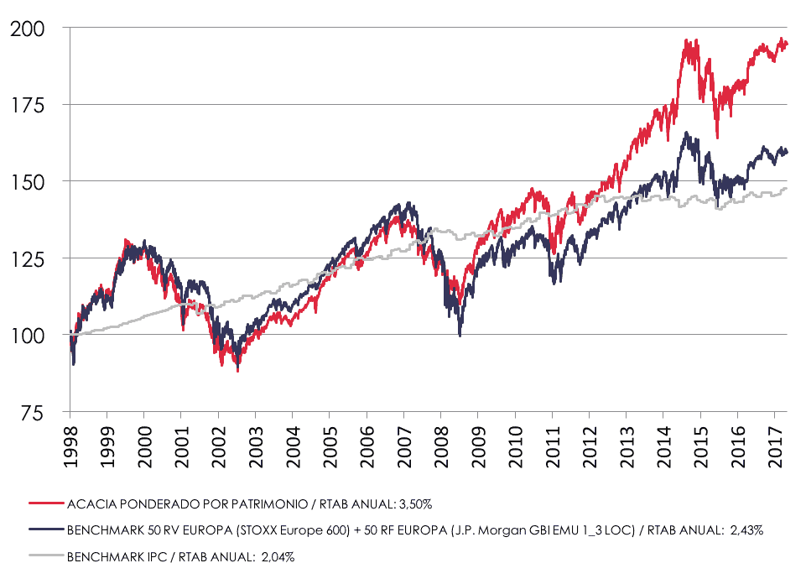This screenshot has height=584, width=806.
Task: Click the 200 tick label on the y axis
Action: point(29,28)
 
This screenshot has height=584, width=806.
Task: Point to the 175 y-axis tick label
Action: point(29,105)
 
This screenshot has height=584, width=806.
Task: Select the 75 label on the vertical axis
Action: point(34,412)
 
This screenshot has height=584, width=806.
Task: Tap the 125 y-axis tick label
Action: point(29,258)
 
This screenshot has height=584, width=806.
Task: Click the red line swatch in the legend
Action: point(45,503)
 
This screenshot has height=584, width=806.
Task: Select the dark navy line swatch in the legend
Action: point(45,529)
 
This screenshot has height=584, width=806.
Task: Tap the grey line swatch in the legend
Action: point(45,555)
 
